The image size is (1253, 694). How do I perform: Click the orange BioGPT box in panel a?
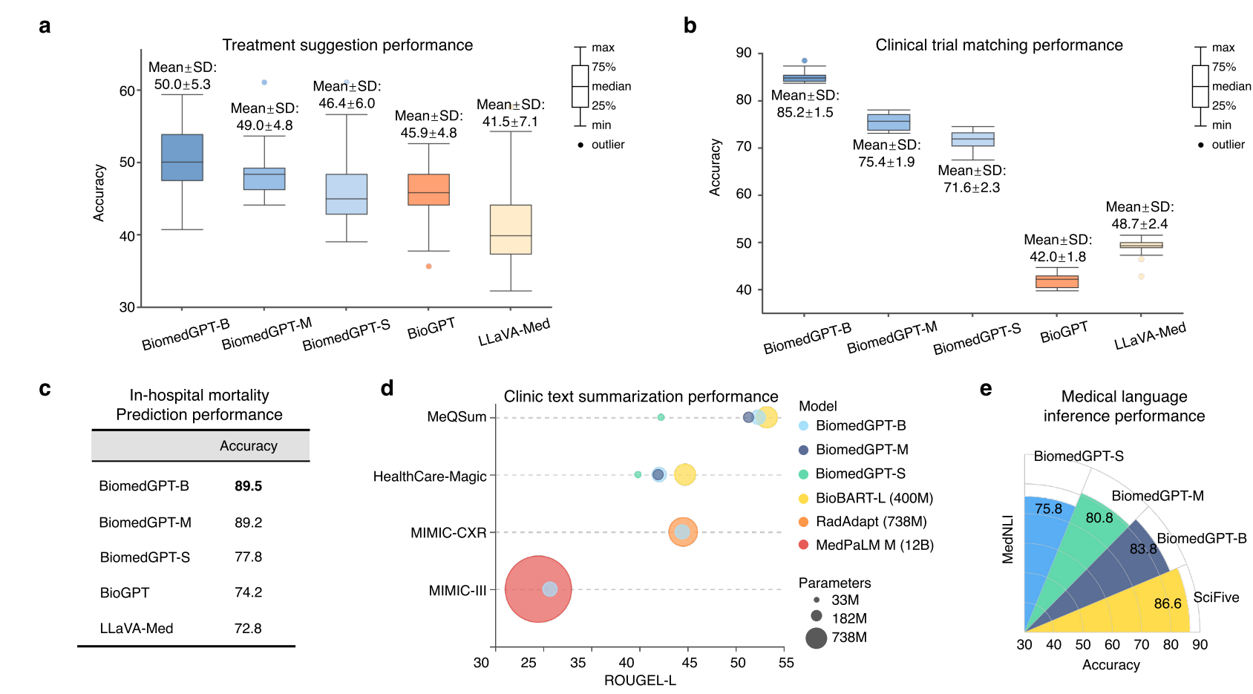(428, 189)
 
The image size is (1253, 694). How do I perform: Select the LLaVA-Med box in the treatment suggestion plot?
(511, 229)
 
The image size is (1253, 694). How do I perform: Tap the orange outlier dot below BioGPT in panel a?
(429, 266)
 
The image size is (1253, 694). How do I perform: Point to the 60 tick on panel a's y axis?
(127, 91)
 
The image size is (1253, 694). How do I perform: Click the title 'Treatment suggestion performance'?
(347, 45)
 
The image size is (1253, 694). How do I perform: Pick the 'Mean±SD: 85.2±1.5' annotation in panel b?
(805, 104)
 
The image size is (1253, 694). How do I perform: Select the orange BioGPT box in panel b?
(1057, 281)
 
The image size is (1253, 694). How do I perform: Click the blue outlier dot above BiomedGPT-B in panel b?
(805, 61)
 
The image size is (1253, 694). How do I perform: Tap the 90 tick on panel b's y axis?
(744, 53)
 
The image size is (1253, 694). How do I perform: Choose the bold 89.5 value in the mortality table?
(248, 486)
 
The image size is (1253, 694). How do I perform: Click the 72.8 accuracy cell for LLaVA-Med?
(248, 629)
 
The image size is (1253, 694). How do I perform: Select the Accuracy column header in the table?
(248, 446)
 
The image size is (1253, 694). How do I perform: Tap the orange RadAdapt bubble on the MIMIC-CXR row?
(683, 531)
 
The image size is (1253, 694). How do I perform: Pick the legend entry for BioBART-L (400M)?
(874, 498)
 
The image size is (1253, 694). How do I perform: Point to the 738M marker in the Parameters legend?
(817, 638)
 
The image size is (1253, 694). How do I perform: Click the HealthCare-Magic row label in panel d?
(430, 477)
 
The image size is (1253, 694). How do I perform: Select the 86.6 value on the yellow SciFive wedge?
(1167, 603)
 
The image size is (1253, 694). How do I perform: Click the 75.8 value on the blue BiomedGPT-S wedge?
(1048, 509)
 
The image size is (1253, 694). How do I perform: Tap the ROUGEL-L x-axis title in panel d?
(640, 681)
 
